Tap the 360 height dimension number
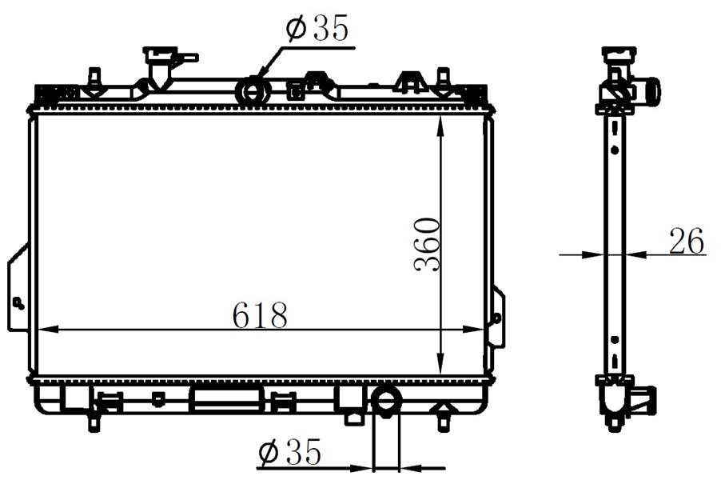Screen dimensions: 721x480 [x=427, y=244]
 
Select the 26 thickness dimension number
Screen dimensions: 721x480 [x=687, y=241]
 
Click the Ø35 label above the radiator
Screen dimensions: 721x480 [x=317, y=28]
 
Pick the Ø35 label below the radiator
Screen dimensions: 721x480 [x=289, y=451]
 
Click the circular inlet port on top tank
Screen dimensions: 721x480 [x=253, y=90]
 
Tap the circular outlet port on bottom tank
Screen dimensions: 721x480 [x=387, y=400]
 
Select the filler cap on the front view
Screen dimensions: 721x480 [x=161, y=54]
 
